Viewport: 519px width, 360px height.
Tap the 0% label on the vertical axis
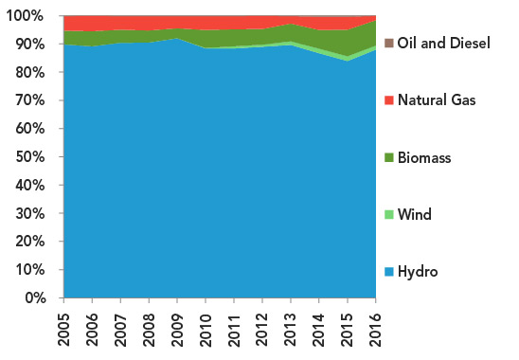click(x=32, y=298)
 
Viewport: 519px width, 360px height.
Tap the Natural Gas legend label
click(x=437, y=100)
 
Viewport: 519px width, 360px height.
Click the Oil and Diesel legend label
click(x=444, y=44)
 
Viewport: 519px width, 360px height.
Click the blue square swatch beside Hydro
click(x=388, y=272)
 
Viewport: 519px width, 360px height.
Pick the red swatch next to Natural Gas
click(x=388, y=100)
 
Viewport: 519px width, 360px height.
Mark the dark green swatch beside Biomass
click(x=388, y=158)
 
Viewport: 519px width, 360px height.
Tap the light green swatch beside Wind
click(x=388, y=215)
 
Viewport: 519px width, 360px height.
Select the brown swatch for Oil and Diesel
click(x=388, y=44)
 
